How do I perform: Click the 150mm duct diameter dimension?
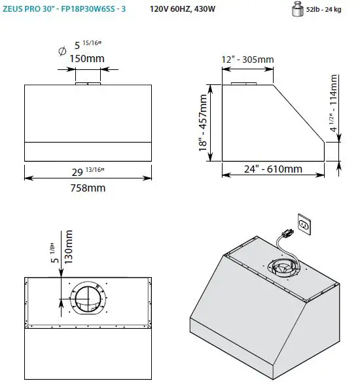click(87, 59)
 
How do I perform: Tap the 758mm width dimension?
click(87, 188)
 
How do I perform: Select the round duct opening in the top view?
click(87, 302)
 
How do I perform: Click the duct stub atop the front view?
click(87, 84)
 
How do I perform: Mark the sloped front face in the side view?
click(300, 112)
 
